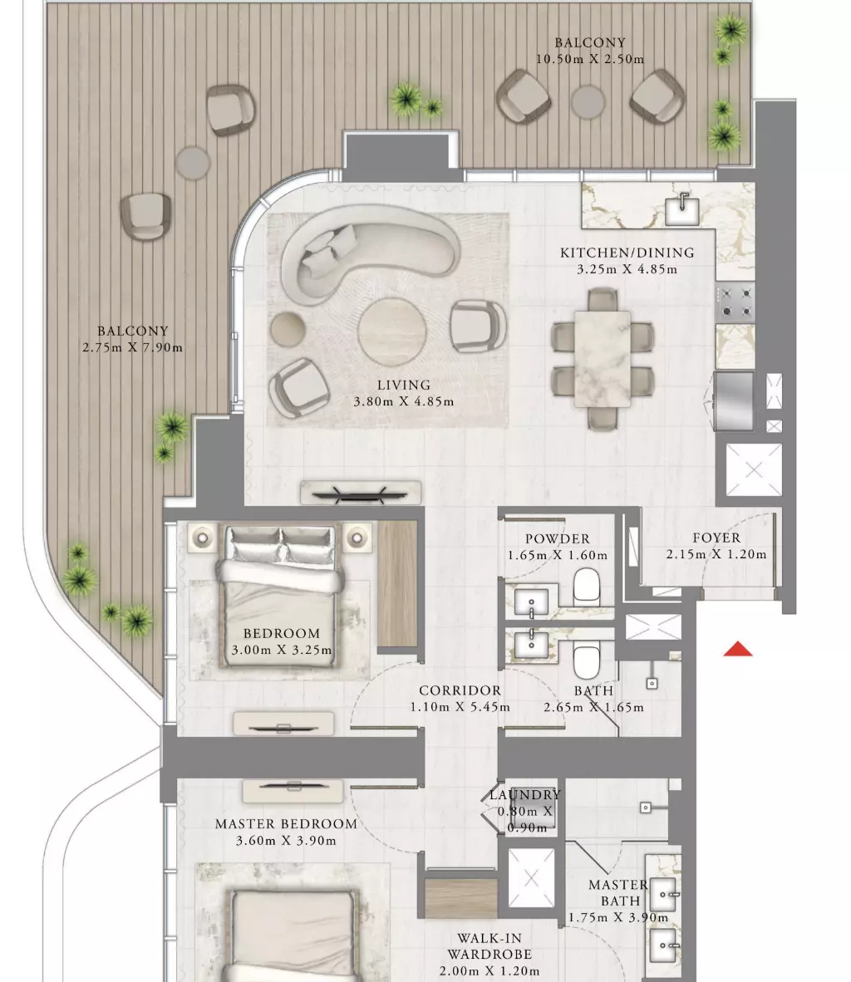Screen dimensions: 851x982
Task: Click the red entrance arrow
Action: coord(738,650)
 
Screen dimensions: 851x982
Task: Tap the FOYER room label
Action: coord(716,538)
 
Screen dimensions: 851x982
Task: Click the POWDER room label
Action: coord(557,538)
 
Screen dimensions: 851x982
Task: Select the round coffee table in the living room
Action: coord(392,331)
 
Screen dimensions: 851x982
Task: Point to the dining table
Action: coord(603,359)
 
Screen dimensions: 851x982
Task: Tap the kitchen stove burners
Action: coord(735,302)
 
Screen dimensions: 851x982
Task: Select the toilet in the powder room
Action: coord(586,587)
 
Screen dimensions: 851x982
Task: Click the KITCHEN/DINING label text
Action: coord(627,253)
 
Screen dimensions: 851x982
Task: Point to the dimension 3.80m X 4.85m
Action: coord(404,401)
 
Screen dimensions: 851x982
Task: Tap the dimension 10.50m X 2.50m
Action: coord(590,60)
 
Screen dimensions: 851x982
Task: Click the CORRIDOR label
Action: coord(460,690)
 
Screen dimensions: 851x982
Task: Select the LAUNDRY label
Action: coord(525,795)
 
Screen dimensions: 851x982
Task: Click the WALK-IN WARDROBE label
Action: coord(489,946)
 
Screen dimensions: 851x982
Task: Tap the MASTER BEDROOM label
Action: coord(287,824)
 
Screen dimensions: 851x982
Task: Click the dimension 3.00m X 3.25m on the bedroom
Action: coord(282,650)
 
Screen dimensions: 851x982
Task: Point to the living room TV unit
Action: coord(361,493)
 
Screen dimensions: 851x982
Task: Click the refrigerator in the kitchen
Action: coord(735,401)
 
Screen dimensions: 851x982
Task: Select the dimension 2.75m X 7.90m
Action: coord(132,347)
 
